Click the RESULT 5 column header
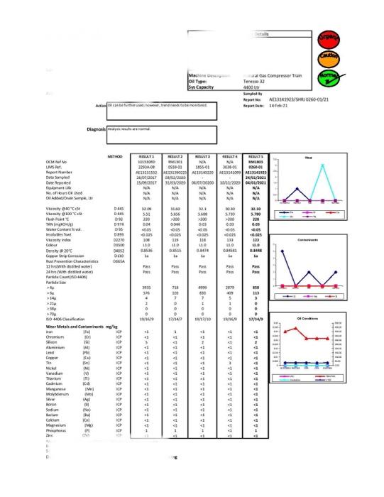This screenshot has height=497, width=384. [x=257, y=155]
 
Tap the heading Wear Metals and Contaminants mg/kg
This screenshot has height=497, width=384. [x=81, y=326]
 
